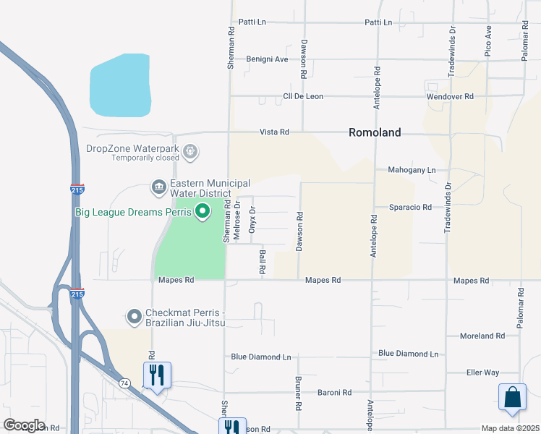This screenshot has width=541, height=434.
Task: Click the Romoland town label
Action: pos(375,132)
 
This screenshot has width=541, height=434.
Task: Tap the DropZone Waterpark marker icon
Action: pos(191,152)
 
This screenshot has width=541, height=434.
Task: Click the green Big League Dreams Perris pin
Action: pos(203,211)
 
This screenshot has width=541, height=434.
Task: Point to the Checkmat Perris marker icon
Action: pos(134,317)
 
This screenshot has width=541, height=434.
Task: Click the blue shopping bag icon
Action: pos(511,397)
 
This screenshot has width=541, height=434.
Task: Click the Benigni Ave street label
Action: pos(267,59)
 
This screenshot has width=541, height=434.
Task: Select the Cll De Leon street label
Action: pos(303,96)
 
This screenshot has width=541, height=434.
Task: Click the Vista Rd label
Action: pos(275,132)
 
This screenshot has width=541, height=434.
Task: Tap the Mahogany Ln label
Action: pos(412,170)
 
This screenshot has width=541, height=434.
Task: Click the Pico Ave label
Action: pos(489,41)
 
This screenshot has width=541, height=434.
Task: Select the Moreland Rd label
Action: pos(482,336)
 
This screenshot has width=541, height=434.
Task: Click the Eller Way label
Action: pos(482,373)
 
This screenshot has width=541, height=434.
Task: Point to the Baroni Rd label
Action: pos(334,392)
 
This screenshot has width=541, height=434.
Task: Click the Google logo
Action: pos(24,425)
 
